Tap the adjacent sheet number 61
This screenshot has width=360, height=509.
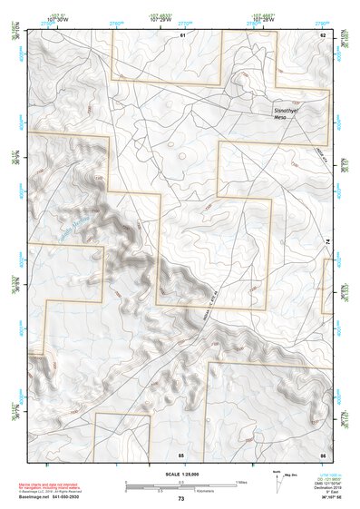182,34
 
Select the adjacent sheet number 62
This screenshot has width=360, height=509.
322,34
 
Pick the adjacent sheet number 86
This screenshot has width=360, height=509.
322,454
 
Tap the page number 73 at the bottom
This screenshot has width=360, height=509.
180,499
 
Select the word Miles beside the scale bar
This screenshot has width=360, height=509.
242,482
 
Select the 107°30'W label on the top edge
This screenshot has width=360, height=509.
61,17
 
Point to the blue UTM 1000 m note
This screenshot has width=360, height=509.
326,473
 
